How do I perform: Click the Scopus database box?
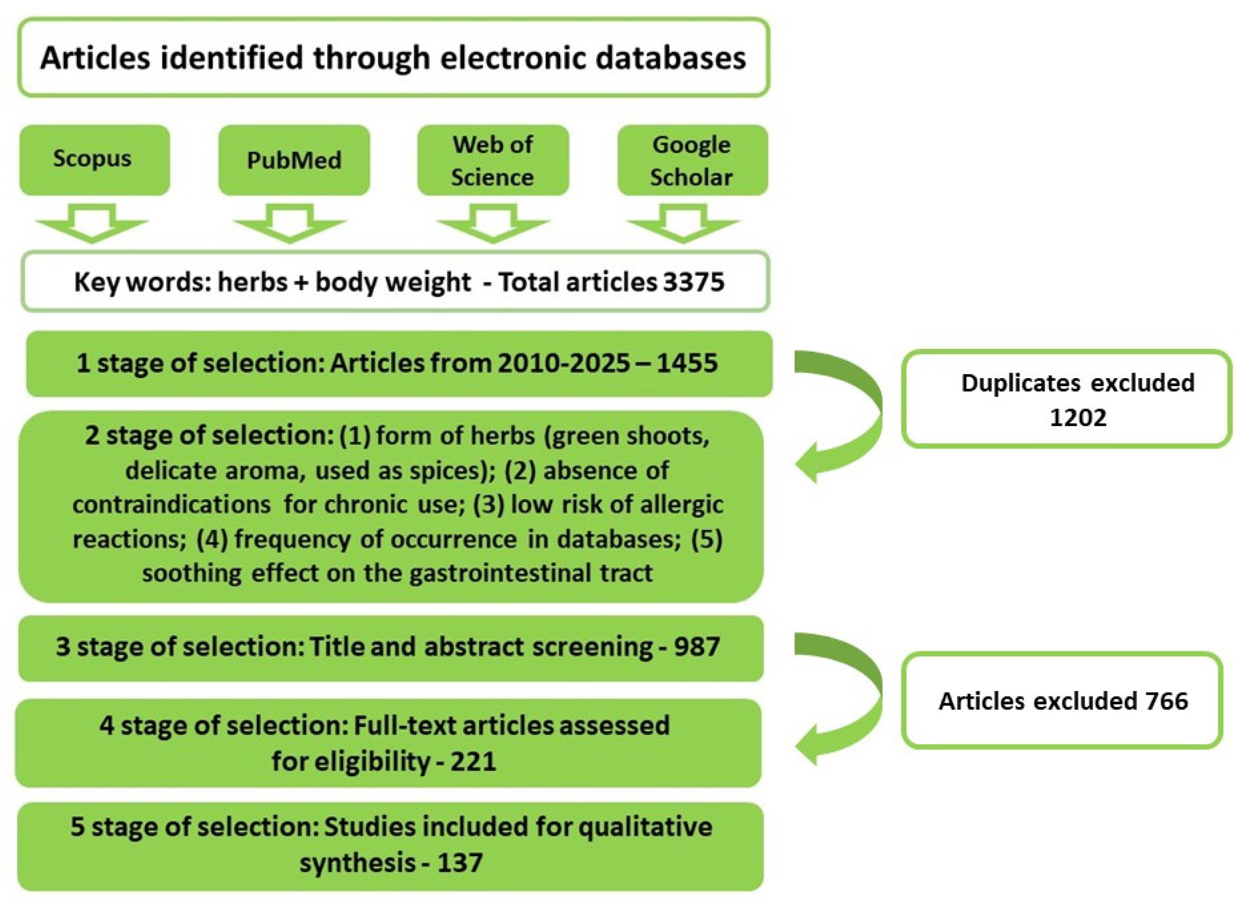95,160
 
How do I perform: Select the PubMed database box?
294,160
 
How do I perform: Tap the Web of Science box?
493,160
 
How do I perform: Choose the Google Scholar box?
692,160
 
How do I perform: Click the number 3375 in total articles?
694,282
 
